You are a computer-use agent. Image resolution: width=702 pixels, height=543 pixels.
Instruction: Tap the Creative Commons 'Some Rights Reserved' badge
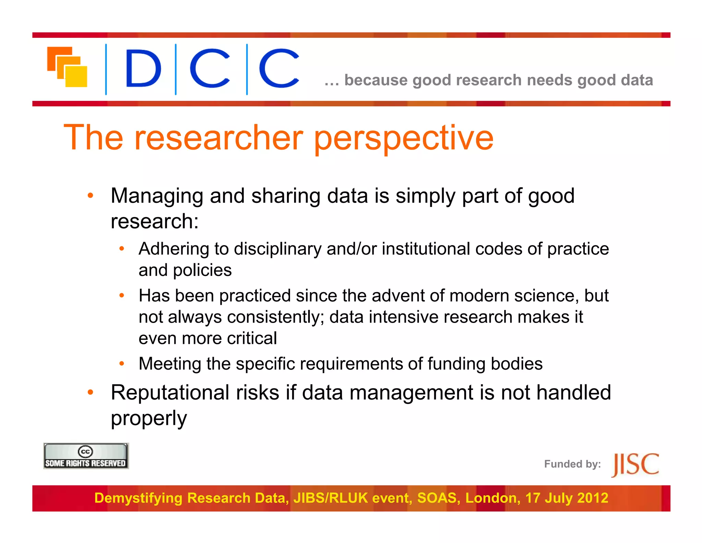pos(86,456)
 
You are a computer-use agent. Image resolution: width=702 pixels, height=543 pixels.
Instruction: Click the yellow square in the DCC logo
pos(76,76)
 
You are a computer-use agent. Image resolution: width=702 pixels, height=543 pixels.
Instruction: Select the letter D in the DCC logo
pos(143,68)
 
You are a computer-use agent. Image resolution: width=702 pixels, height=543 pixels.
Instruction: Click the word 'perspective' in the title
pos(403,138)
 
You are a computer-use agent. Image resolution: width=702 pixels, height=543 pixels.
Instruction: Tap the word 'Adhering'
pos(174,249)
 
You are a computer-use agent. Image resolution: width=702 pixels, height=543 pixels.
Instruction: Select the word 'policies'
pos(202,270)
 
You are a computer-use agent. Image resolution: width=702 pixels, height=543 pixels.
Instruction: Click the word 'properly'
pos(149,418)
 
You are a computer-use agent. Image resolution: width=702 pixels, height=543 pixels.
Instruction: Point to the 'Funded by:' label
pos(572,464)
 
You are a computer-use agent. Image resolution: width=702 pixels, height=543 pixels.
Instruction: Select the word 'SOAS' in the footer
pos(438,498)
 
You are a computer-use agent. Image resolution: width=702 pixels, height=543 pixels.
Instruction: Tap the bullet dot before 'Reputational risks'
pos(90,392)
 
